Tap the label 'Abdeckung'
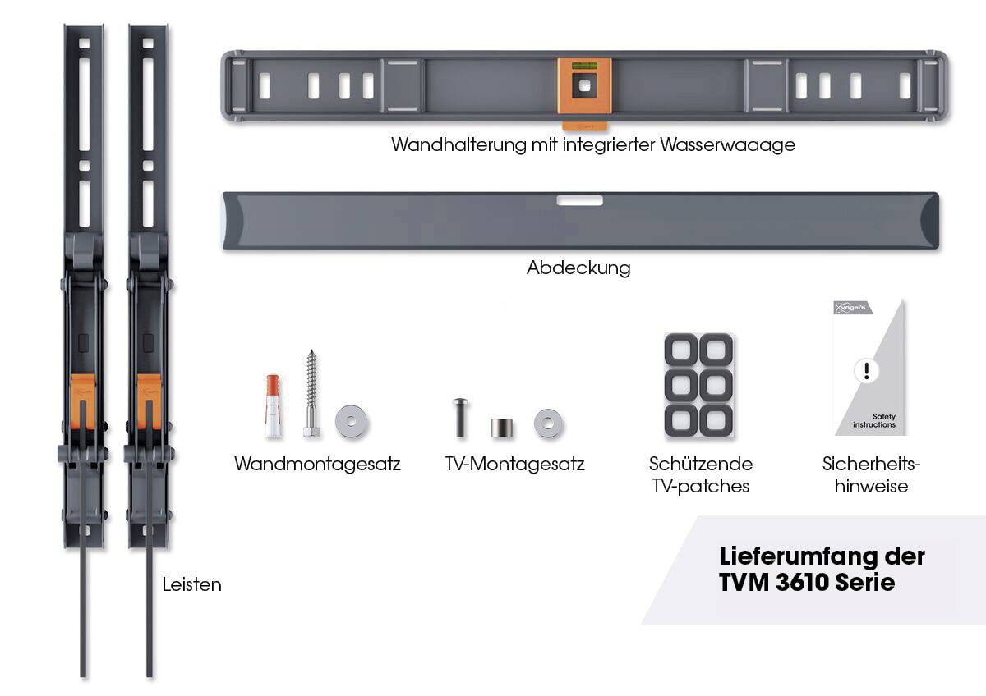coord(578,268)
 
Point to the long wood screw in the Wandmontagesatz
coord(311,393)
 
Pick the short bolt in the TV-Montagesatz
coord(459,417)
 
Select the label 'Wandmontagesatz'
coord(317,464)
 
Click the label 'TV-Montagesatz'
coord(514,464)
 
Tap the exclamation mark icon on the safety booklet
coord(866,371)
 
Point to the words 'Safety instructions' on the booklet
coord(874,421)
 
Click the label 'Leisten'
coord(191,585)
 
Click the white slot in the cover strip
coord(579,200)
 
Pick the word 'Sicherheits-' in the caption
coord(871,464)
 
